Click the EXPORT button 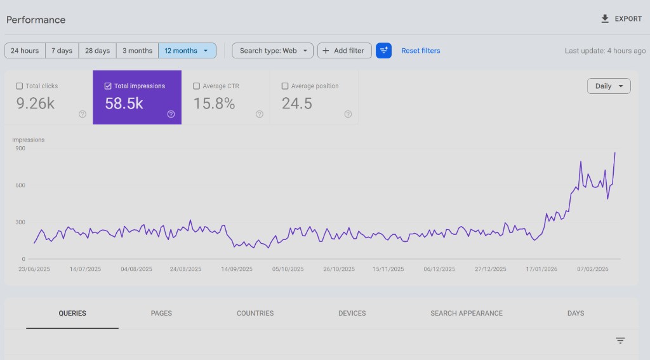pos(621,19)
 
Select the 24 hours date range pos(25,51)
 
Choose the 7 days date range pos(62,51)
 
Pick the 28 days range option pos(97,51)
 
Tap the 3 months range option pos(137,51)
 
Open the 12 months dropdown pos(187,51)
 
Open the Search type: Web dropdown pos(272,51)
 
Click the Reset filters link pos(420,51)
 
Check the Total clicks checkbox pos(20,86)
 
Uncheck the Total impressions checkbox pos(108,86)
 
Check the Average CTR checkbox pos(197,86)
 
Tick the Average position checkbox pos(285,86)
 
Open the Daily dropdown pos(609,86)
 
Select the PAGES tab pos(161,313)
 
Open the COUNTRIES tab pos(255,313)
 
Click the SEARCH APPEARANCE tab pos(466,313)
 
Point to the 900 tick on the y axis pos(20,149)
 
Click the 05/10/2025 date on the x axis pos(288,269)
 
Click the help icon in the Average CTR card pos(260,114)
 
